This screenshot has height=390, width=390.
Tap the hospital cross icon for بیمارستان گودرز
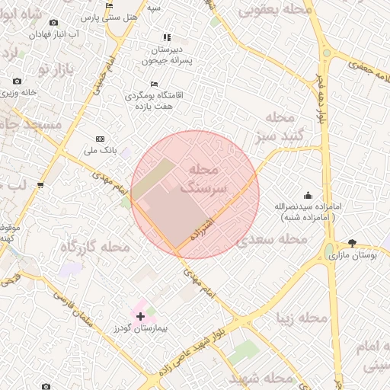tap(140, 315)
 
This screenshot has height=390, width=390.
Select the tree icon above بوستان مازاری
tap(352, 243)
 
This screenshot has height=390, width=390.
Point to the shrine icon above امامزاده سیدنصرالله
tap(308, 195)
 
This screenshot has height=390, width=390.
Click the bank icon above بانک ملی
tap(100, 139)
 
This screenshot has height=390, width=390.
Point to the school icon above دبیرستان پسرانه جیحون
tap(167, 37)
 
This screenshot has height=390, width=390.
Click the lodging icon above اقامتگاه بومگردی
tap(155, 85)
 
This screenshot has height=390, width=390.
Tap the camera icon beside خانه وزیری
tap(17, 82)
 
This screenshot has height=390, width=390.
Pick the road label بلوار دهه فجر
tap(323, 99)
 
